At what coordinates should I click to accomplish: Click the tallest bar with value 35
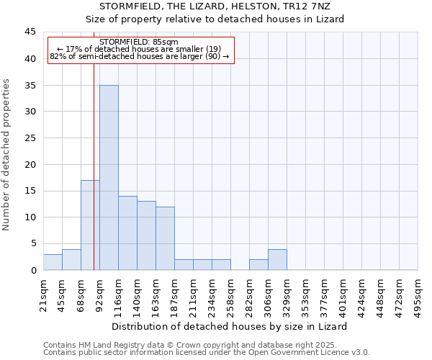pyautogui.click(x=109, y=177)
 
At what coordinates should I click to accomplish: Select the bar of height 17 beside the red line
pyautogui.click(x=90, y=225)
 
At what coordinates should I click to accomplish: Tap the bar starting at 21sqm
pyautogui.click(x=53, y=262)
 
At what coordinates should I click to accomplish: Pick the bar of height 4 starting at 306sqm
pyautogui.click(x=277, y=259)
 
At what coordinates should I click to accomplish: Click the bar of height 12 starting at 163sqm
pyautogui.click(x=165, y=238)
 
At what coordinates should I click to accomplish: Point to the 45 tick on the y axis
pyautogui.click(x=30, y=32)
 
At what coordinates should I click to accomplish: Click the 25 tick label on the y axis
pyautogui.click(x=30, y=138)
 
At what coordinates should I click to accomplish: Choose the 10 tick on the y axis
pyautogui.click(x=30, y=217)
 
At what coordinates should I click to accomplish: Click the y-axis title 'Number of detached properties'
pyautogui.click(x=7, y=155)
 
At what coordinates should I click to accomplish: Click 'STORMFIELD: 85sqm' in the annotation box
pyautogui.click(x=139, y=42)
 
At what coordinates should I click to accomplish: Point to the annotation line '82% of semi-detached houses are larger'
pyautogui.click(x=139, y=56)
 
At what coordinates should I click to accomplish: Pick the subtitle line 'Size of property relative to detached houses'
pyautogui.click(x=215, y=19)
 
